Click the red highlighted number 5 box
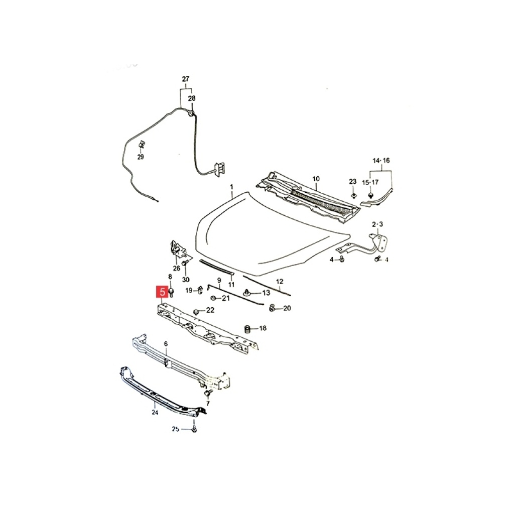coord(163,292)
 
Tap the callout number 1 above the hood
coord(231,187)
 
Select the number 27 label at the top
coord(186,79)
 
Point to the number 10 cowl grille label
coord(316,179)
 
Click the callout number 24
coord(155,413)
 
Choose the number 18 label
coord(263,328)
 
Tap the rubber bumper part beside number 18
coord(248,328)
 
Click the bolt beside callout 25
coord(194,429)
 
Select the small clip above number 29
coord(142,144)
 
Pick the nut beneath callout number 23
coord(353,195)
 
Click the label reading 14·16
coord(381,161)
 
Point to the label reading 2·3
coord(377,224)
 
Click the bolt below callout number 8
coord(171,293)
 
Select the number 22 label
coord(210,310)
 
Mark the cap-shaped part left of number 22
coord(197,311)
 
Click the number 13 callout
coord(266,293)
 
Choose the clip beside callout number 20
coord(272,308)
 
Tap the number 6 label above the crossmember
coord(166,344)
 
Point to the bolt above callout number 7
coord(207,393)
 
